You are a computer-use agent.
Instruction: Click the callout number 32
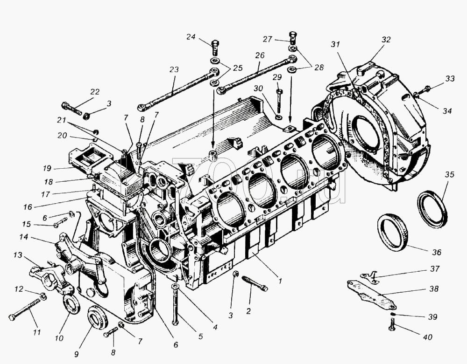click(x=386, y=40)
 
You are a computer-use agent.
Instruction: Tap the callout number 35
click(x=449, y=174)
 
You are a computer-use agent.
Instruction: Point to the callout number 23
click(x=174, y=69)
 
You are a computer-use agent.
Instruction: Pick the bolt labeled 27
click(x=292, y=37)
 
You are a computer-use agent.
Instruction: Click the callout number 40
click(x=427, y=337)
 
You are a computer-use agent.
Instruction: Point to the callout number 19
click(x=47, y=168)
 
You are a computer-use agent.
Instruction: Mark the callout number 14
click(x=24, y=237)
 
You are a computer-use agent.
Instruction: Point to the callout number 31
click(x=335, y=44)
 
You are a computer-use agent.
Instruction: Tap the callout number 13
click(x=18, y=255)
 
